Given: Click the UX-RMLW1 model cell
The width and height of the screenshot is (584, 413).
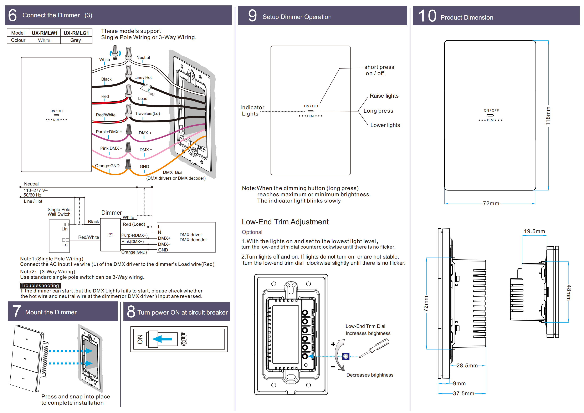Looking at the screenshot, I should (x=45, y=33).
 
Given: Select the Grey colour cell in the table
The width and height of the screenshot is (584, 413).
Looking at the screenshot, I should (x=76, y=40).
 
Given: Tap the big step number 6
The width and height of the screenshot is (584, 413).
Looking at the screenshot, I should (x=12, y=15).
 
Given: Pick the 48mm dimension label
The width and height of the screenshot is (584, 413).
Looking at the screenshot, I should (x=569, y=293).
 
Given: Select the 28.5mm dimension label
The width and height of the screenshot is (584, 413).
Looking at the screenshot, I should (x=467, y=366).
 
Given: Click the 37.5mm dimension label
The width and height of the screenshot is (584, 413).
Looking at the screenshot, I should (x=463, y=393).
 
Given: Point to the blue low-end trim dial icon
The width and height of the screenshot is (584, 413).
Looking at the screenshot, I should (x=346, y=356).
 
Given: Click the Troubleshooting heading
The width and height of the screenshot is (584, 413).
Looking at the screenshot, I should (x=40, y=286).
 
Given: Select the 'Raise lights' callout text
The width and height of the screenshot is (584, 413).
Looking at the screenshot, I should (x=384, y=96).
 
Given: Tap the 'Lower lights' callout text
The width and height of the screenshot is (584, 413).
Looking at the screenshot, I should (x=385, y=125).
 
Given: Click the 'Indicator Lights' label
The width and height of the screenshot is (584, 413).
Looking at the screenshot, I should (x=252, y=111).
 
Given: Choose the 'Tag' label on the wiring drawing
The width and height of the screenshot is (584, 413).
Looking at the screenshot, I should (x=151, y=94).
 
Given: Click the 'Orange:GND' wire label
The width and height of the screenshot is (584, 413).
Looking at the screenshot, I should (x=107, y=166).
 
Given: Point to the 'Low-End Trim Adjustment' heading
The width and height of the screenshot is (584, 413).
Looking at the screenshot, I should (x=285, y=222).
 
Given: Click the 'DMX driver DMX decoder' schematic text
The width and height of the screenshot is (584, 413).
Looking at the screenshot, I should (x=193, y=237).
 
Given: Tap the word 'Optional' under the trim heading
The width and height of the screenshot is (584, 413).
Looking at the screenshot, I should (x=252, y=232).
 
